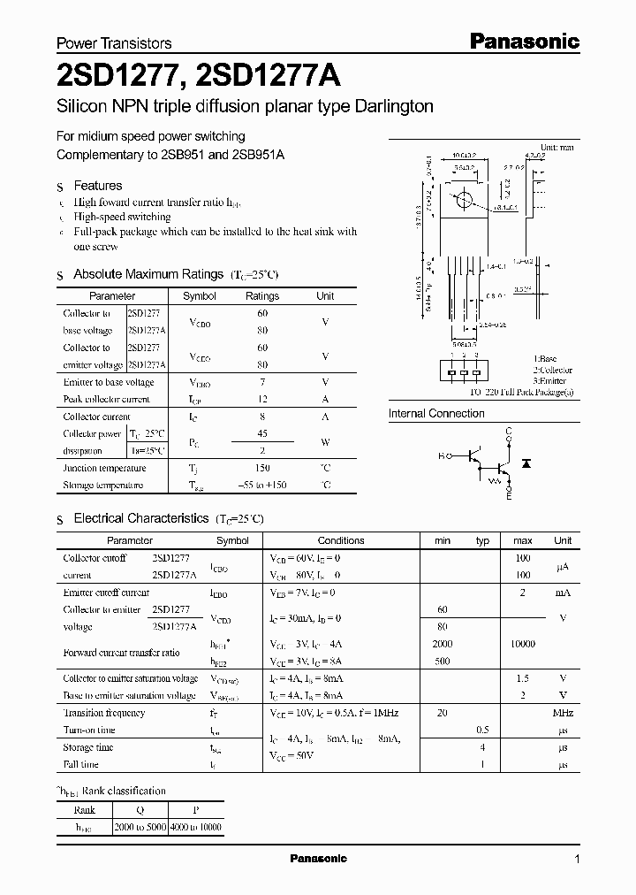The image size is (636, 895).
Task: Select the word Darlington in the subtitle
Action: click(x=390, y=107)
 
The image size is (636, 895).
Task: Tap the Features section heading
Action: click(x=97, y=186)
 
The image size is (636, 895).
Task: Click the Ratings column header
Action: click(x=262, y=296)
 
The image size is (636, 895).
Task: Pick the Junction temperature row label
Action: click(x=104, y=468)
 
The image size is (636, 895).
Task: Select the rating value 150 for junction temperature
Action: click(x=262, y=468)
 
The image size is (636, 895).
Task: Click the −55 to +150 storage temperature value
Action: click(x=262, y=486)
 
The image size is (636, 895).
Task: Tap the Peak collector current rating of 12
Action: click(x=262, y=399)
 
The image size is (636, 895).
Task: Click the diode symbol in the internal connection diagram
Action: click(x=527, y=463)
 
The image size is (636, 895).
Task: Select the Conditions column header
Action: click(x=341, y=540)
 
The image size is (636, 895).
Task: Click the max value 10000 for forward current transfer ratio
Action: click(x=522, y=644)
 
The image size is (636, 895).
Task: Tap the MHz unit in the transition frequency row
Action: click(x=563, y=713)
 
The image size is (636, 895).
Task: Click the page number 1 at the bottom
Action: click(x=577, y=860)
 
